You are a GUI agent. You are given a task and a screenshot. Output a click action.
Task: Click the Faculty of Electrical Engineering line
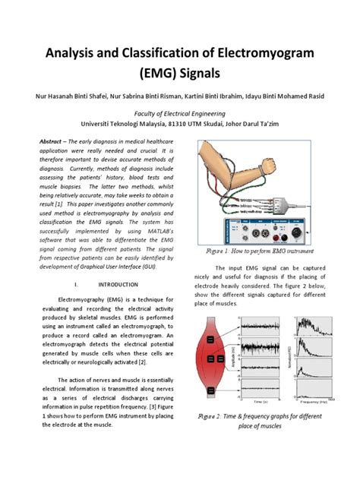coord(180,112)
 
